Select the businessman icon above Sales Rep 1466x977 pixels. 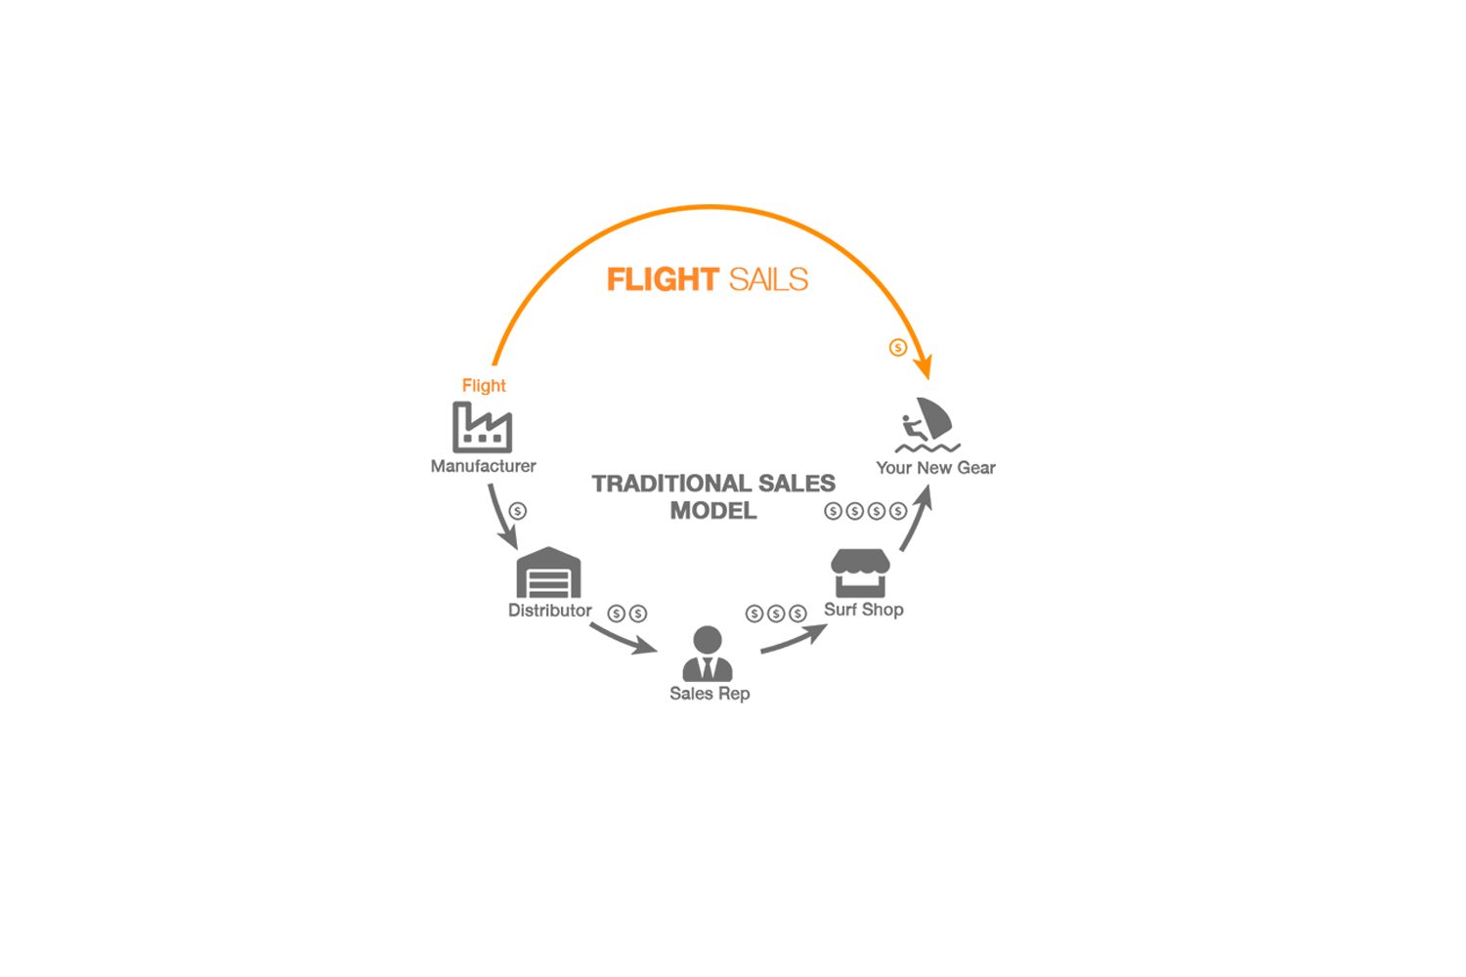click(x=708, y=654)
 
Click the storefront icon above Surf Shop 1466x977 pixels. click(x=860, y=573)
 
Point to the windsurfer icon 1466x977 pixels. click(x=927, y=425)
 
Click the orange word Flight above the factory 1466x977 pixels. click(x=484, y=386)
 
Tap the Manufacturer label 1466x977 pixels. click(x=483, y=466)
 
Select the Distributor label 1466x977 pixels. click(x=549, y=610)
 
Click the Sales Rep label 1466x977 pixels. click(x=710, y=694)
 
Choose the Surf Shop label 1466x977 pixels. click(x=863, y=610)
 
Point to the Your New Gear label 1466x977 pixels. click(x=935, y=468)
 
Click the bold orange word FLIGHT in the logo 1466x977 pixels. click(x=663, y=279)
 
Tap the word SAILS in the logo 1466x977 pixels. click(x=768, y=279)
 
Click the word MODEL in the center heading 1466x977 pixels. click(x=713, y=510)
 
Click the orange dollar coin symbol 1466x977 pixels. click(x=898, y=348)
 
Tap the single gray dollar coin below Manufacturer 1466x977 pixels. click(x=518, y=511)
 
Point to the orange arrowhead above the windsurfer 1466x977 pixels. click(x=925, y=367)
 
